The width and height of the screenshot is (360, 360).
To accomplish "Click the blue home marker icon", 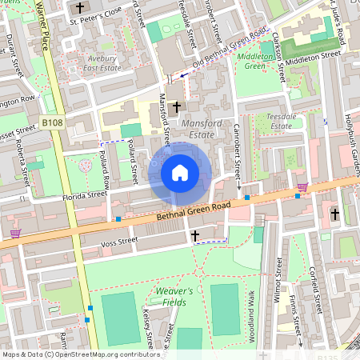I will pyautogui.click(x=180, y=172).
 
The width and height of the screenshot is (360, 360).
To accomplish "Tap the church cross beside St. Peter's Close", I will pyautogui.click(x=79, y=8).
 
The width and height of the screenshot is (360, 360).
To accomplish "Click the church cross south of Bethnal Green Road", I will pyautogui.click(x=195, y=235).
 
